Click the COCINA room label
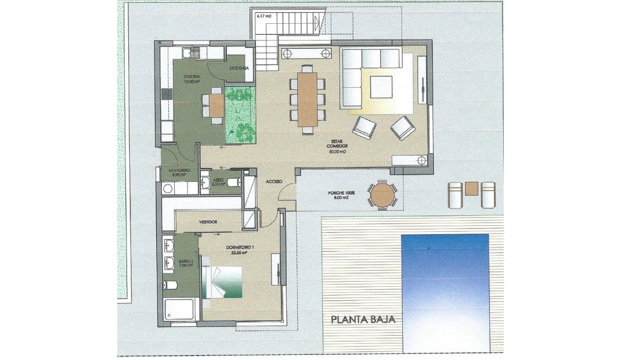[192, 77]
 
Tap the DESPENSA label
[239, 68]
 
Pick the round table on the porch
[382, 195]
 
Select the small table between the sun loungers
[472, 189]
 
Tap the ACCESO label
[274, 182]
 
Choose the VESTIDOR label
[208, 222]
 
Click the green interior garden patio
[240, 114]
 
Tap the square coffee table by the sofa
[382, 87]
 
